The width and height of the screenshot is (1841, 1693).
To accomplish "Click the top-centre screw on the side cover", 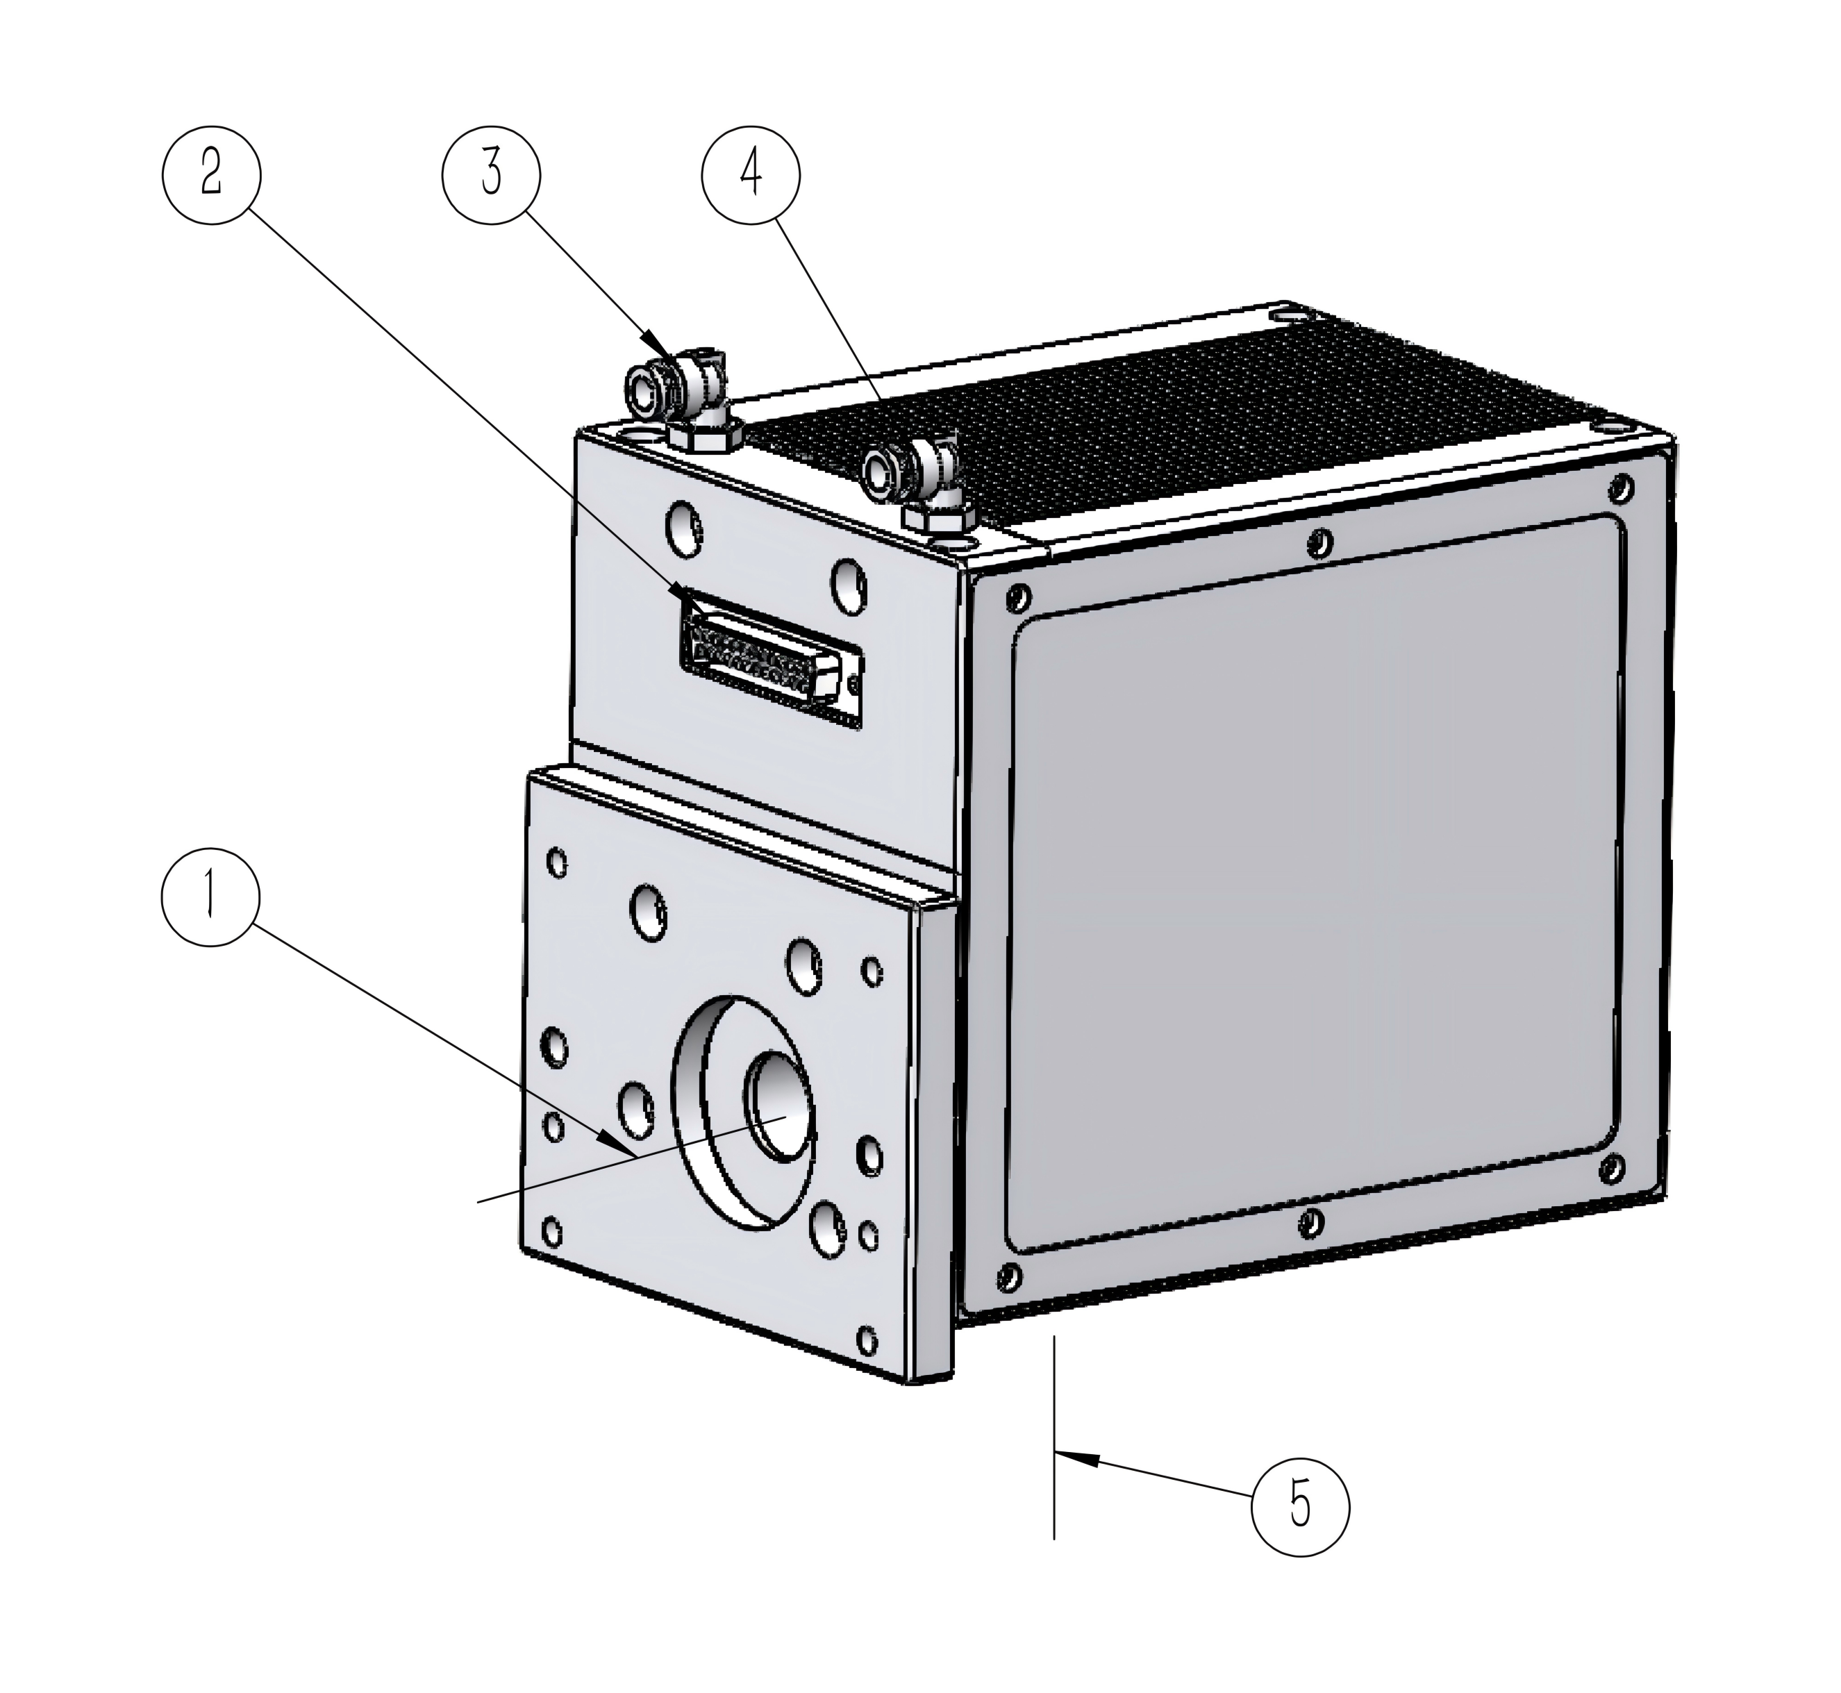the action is point(1319,544).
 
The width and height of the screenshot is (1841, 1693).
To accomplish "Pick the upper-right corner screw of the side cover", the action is point(1621,487).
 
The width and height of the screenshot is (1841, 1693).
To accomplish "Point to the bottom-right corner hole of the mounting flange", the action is point(866,1341).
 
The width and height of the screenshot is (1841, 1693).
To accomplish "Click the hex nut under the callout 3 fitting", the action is point(703,436).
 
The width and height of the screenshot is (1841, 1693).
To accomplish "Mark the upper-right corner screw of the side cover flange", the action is point(1621,487).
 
